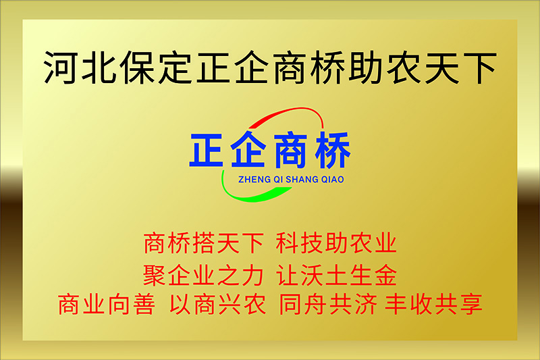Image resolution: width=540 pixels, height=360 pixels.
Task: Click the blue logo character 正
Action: pos(206,150)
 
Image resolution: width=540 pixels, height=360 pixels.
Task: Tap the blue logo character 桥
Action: pos(332,150)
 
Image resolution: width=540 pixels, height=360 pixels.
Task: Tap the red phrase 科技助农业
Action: pos(336,243)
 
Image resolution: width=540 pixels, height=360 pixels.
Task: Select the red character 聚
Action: pos(155,275)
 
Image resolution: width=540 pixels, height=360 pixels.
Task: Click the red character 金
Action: pos(385,275)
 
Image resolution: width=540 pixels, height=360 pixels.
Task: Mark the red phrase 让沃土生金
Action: pos(336,275)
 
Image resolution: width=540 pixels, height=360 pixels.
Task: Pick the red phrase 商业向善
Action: pos(107,304)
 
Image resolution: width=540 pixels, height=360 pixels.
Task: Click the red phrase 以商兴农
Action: pos(217,304)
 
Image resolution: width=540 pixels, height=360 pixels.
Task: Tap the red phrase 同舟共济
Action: pos(328,304)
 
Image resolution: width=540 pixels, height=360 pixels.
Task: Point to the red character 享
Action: pos(470,304)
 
